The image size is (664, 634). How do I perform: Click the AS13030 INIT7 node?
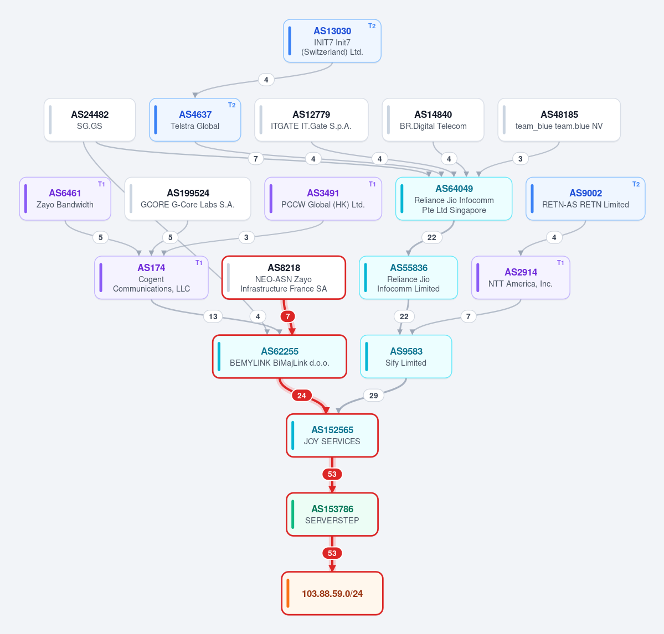click(x=332, y=41)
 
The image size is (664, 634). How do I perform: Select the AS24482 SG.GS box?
click(x=90, y=120)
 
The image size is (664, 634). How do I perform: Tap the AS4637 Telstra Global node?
click(x=195, y=120)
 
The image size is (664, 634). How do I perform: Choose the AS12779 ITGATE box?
click(x=311, y=120)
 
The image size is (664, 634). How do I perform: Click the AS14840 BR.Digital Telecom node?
click(x=433, y=120)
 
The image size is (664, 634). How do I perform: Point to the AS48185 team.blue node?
click(x=559, y=120)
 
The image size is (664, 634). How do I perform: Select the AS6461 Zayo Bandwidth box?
click(x=65, y=199)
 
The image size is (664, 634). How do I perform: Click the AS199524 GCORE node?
click(x=188, y=199)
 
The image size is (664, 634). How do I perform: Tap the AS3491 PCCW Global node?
click(x=323, y=199)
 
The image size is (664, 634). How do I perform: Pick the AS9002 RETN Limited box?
click(x=585, y=199)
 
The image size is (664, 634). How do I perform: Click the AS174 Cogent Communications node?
click(x=151, y=278)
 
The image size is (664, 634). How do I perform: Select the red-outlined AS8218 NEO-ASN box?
click(x=284, y=278)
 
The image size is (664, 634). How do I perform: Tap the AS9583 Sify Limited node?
click(x=406, y=356)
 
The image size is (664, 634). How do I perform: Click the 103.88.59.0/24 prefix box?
click(x=332, y=594)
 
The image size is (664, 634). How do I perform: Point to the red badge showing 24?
click(x=301, y=396)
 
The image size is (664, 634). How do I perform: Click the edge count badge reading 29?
click(x=373, y=396)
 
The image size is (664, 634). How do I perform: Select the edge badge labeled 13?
click(x=213, y=316)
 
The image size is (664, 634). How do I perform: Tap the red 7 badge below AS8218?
click(x=288, y=316)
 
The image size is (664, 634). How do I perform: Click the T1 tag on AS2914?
click(x=560, y=263)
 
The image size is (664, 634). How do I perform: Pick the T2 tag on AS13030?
click(x=372, y=26)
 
